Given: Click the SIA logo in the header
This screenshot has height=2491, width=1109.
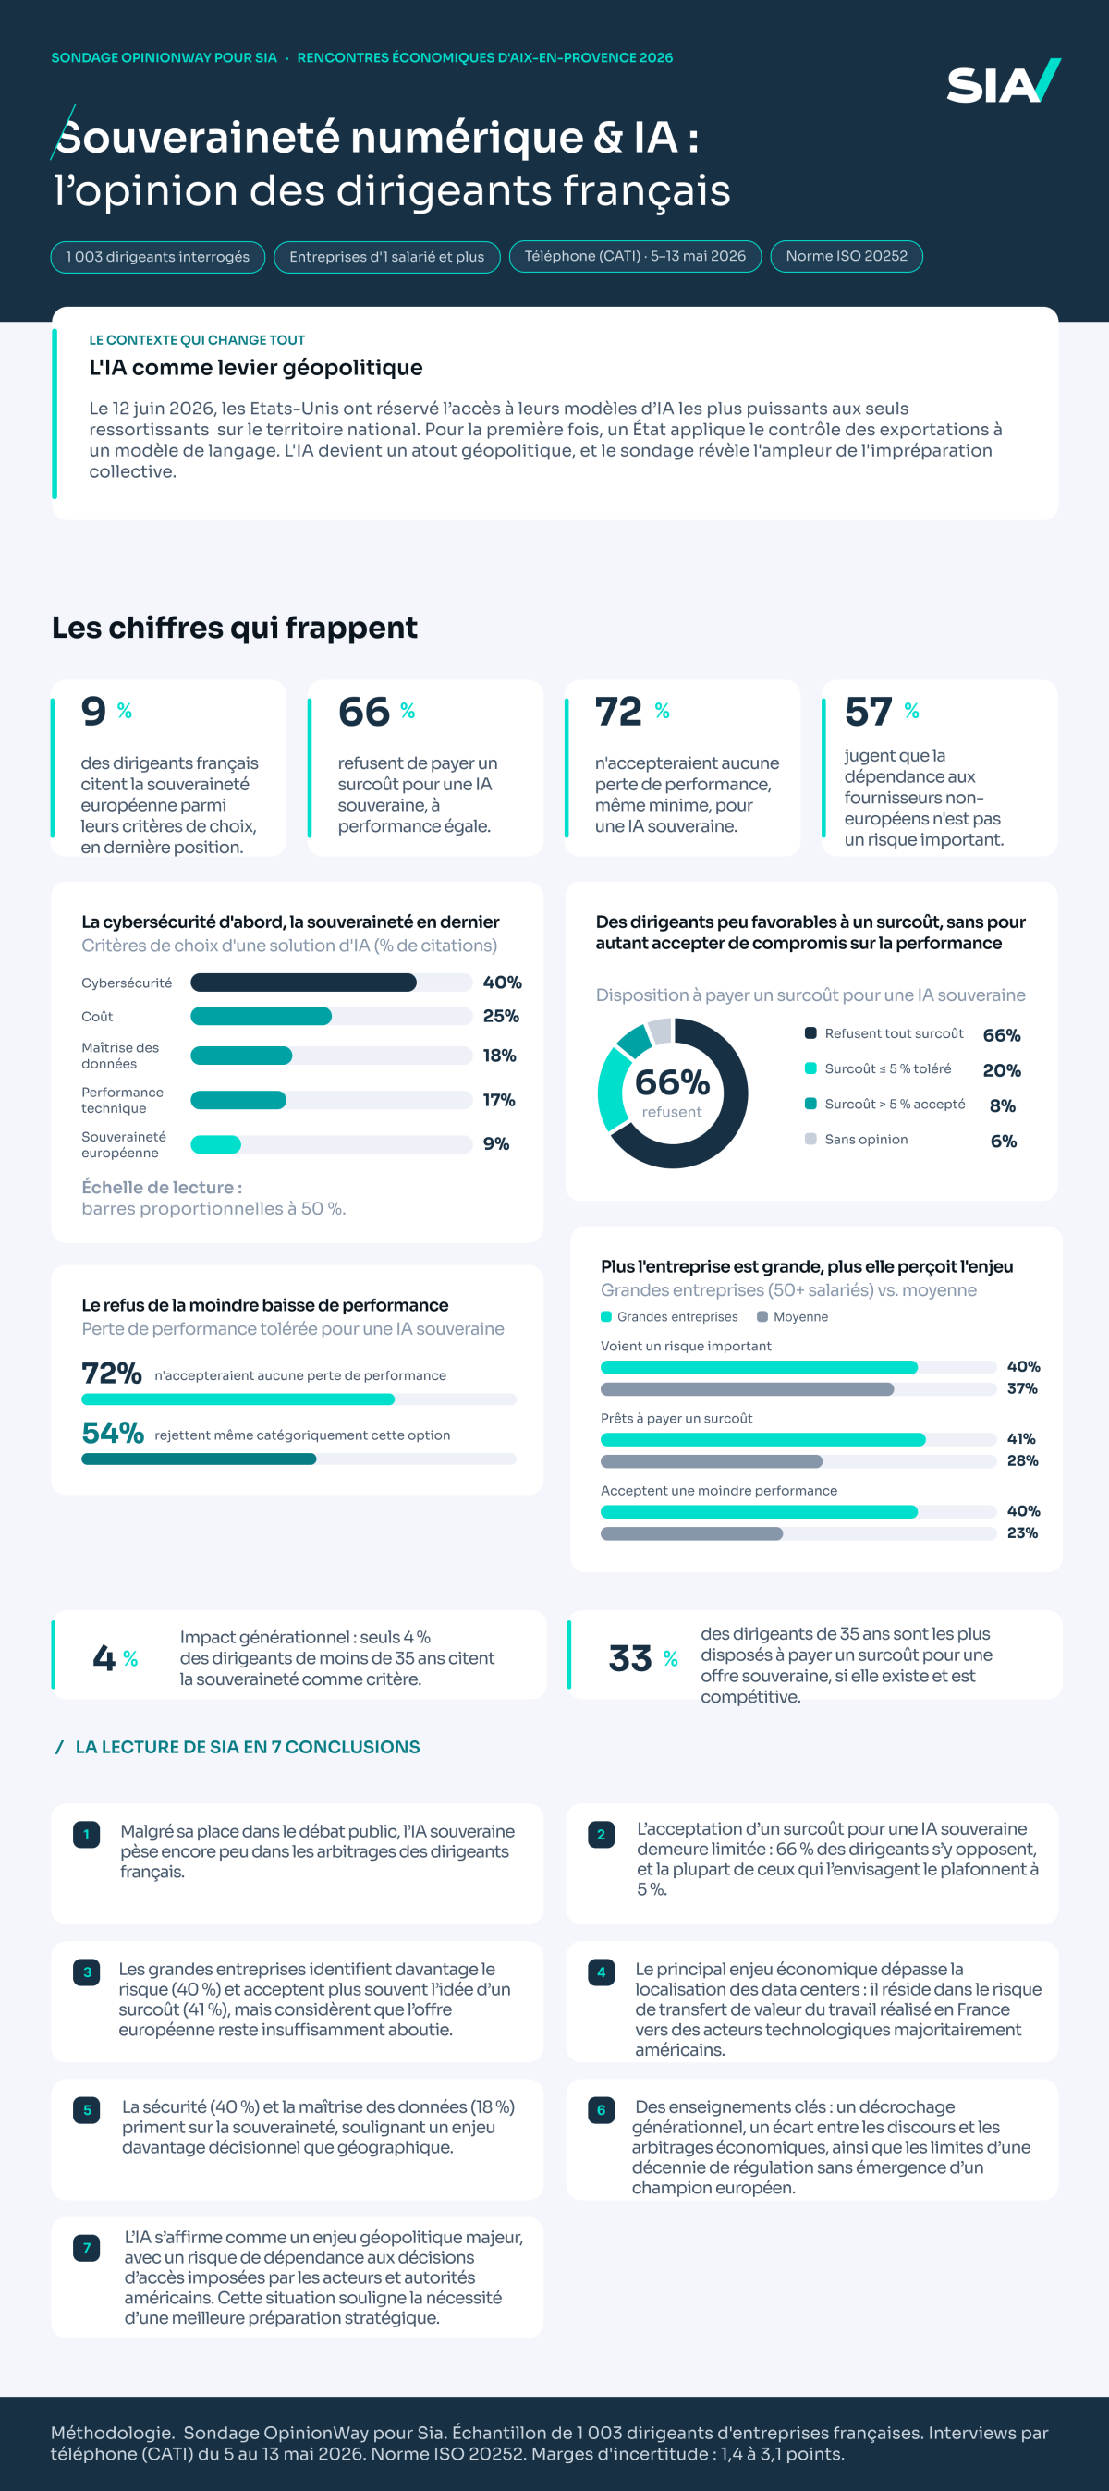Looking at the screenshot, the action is click(x=1004, y=81).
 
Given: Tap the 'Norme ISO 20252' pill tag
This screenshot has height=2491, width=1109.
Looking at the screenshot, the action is click(x=846, y=256).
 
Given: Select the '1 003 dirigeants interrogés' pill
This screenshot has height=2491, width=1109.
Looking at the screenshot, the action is click(x=158, y=257).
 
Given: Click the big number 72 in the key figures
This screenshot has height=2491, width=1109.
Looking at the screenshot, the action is click(x=618, y=712).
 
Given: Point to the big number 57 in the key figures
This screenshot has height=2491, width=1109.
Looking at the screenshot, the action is click(x=867, y=712).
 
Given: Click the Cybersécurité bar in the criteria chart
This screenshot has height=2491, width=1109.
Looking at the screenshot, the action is click(x=304, y=983).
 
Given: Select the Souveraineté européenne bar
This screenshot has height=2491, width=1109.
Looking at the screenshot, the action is click(x=215, y=1145).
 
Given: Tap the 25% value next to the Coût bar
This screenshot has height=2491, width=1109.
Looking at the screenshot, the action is click(x=501, y=1017).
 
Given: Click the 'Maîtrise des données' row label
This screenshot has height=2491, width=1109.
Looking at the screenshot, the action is click(x=120, y=1056).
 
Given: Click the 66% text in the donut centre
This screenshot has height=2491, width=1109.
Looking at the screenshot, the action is click(x=672, y=1082).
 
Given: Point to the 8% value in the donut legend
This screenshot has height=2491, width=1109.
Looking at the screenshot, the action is click(x=1003, y=1105).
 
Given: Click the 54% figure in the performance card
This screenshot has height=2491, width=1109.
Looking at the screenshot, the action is click(x=112, y=1432).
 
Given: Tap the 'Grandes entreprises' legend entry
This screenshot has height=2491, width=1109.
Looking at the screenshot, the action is click(x=669, y=1317).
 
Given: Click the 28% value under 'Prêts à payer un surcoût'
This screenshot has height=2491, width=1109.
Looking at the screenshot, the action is click(x=1022, y=1460).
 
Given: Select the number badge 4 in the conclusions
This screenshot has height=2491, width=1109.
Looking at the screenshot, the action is click(x=602, y=1972).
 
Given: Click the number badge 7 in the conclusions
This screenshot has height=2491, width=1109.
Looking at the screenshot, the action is click(x=87, y=2248).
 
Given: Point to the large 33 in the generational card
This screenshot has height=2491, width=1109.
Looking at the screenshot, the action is click(x=630, y=1658).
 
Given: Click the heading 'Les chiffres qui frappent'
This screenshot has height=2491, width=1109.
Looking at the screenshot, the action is click(x=235, y=628).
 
